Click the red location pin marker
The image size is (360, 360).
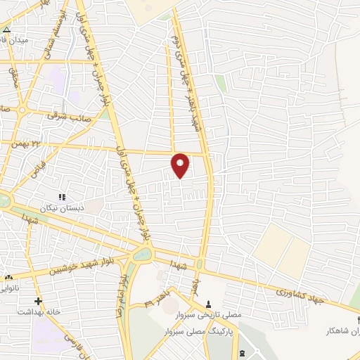click(x=181, y=165)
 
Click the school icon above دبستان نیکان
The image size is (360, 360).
click(x=62, y=198)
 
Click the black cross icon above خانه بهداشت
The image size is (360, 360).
click(x=38, y=301)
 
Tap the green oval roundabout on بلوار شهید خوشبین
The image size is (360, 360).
click(x=141, y=256)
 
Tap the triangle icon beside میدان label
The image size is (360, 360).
click(x=6, y=30)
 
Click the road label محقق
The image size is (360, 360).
click(x=15, y=77)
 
